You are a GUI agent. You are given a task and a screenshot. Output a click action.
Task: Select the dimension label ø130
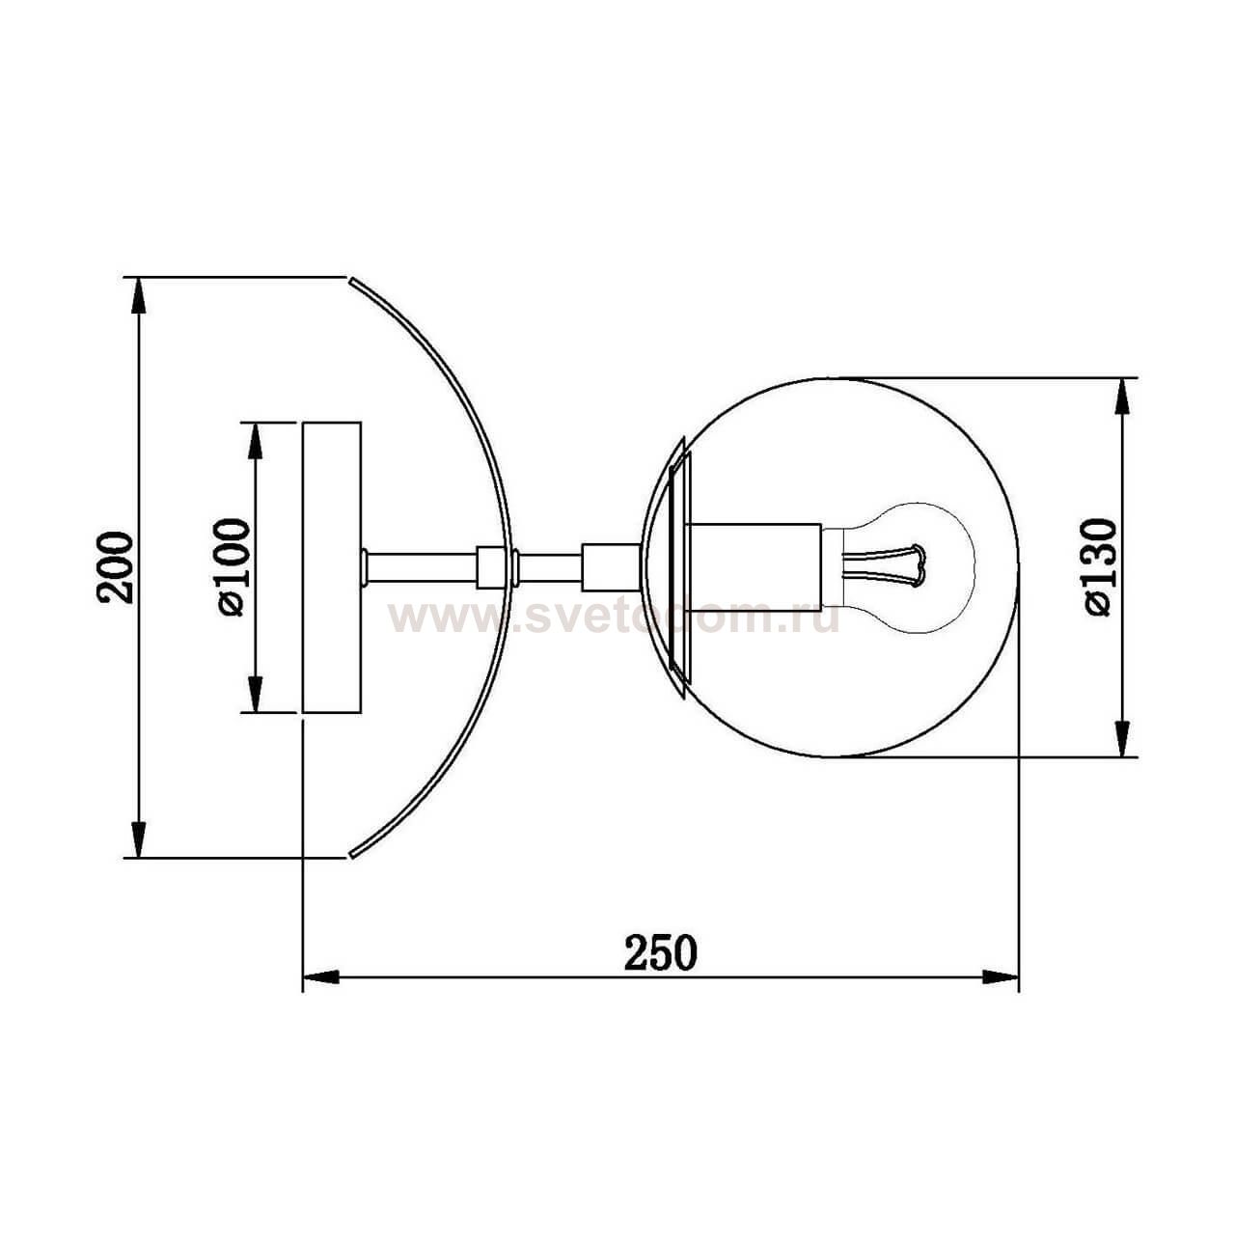click(x=1100, y=567)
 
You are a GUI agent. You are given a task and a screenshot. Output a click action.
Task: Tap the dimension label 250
click(x=660, y=953)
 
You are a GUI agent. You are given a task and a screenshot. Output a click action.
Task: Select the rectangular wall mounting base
click(x=332, y=567)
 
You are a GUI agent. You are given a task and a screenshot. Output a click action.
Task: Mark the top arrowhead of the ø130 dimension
click(x=1122, y=396)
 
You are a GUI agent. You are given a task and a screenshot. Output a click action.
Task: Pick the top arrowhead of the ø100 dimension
click(x=255, y=440)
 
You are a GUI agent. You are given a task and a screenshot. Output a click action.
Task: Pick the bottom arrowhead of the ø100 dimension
click(x=255, y=695)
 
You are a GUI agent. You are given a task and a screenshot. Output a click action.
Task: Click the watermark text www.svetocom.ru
click(x=614, y=617)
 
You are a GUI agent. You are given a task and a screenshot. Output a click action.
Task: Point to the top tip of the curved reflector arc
click(x=351, y=280)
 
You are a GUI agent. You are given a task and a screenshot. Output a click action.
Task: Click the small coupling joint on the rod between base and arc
click(x=489, y=566)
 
